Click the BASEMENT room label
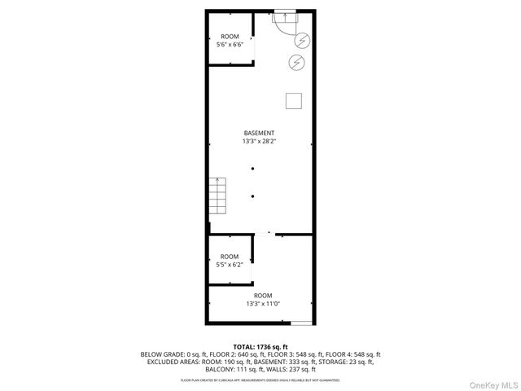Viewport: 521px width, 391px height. [x=259, y=133]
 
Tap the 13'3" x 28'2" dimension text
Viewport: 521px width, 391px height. [x=259, y=142]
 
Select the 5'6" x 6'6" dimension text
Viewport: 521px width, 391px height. [x=230, y=45]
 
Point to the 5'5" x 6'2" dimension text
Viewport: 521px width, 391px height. [x=230, y=265]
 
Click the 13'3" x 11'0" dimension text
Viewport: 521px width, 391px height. [x=262, y=304]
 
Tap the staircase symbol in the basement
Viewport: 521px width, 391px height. [x=217, y=195]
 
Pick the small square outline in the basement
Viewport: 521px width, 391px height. [x=295, y=100]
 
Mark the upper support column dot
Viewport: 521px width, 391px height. [x=253, y=168]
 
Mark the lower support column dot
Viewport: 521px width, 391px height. [x=253, y=195]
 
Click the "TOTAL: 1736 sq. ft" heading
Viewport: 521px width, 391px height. [x=260, y=347]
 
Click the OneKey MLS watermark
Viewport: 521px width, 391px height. [x=493, y=384]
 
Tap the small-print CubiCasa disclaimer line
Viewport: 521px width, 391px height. [x=260, y=380]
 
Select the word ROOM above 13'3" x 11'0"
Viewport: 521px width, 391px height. [x=262, y=295]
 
